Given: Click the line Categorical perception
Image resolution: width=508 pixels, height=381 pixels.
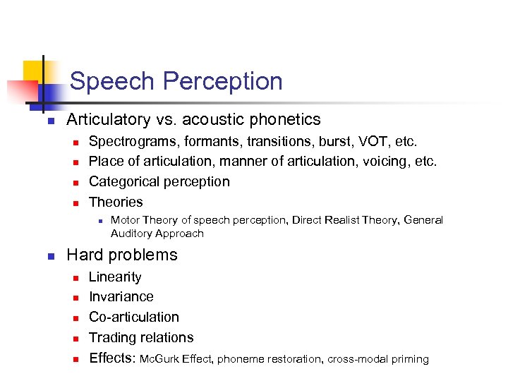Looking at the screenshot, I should point(159,182).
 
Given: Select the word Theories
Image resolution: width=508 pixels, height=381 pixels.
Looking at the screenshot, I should point(116,202).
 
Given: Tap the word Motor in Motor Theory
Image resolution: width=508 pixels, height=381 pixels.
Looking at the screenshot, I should point(126,220).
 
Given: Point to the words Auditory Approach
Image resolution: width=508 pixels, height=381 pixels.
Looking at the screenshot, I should point(157,234).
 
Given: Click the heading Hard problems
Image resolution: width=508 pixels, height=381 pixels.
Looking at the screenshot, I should point(121,255).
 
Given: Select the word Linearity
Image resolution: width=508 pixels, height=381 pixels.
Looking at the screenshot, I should point(114,277).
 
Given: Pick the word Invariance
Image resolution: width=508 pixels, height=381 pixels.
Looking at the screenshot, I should point(121,297).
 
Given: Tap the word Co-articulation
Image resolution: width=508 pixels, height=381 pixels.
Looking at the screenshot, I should point(133,317).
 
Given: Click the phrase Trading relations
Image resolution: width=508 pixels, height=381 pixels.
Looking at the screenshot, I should point(140,338).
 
